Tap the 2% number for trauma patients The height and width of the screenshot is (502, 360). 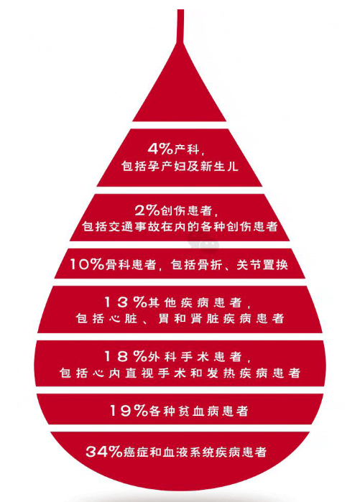pos(147,210)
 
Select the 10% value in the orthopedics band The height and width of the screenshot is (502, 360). pos(87,264)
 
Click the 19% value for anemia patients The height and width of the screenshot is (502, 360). pos(129,411)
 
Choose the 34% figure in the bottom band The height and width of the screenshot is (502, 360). pos(103,452)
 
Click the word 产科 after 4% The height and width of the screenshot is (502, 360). pos(187,149)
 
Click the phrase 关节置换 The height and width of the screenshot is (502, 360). pos(262,265)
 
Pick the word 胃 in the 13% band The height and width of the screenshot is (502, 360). pos(164,319)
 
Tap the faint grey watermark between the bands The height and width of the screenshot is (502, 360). pos(203,242)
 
